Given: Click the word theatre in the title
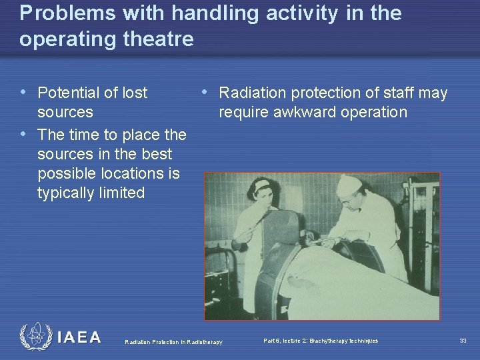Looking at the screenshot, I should tap(163, 39).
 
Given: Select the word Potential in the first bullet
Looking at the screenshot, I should tap(70, 93).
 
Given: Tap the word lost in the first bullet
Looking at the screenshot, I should tap(134, 93).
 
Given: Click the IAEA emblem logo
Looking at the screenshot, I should tap(35, 337).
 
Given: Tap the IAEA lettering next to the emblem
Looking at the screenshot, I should tap(79, 337).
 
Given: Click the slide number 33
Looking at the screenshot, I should tap(463, 341).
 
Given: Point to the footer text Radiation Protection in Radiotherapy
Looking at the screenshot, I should tap(173, 343).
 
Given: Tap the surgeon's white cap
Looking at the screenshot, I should tap(349, 185).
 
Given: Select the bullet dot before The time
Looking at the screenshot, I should tap(24, 133).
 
